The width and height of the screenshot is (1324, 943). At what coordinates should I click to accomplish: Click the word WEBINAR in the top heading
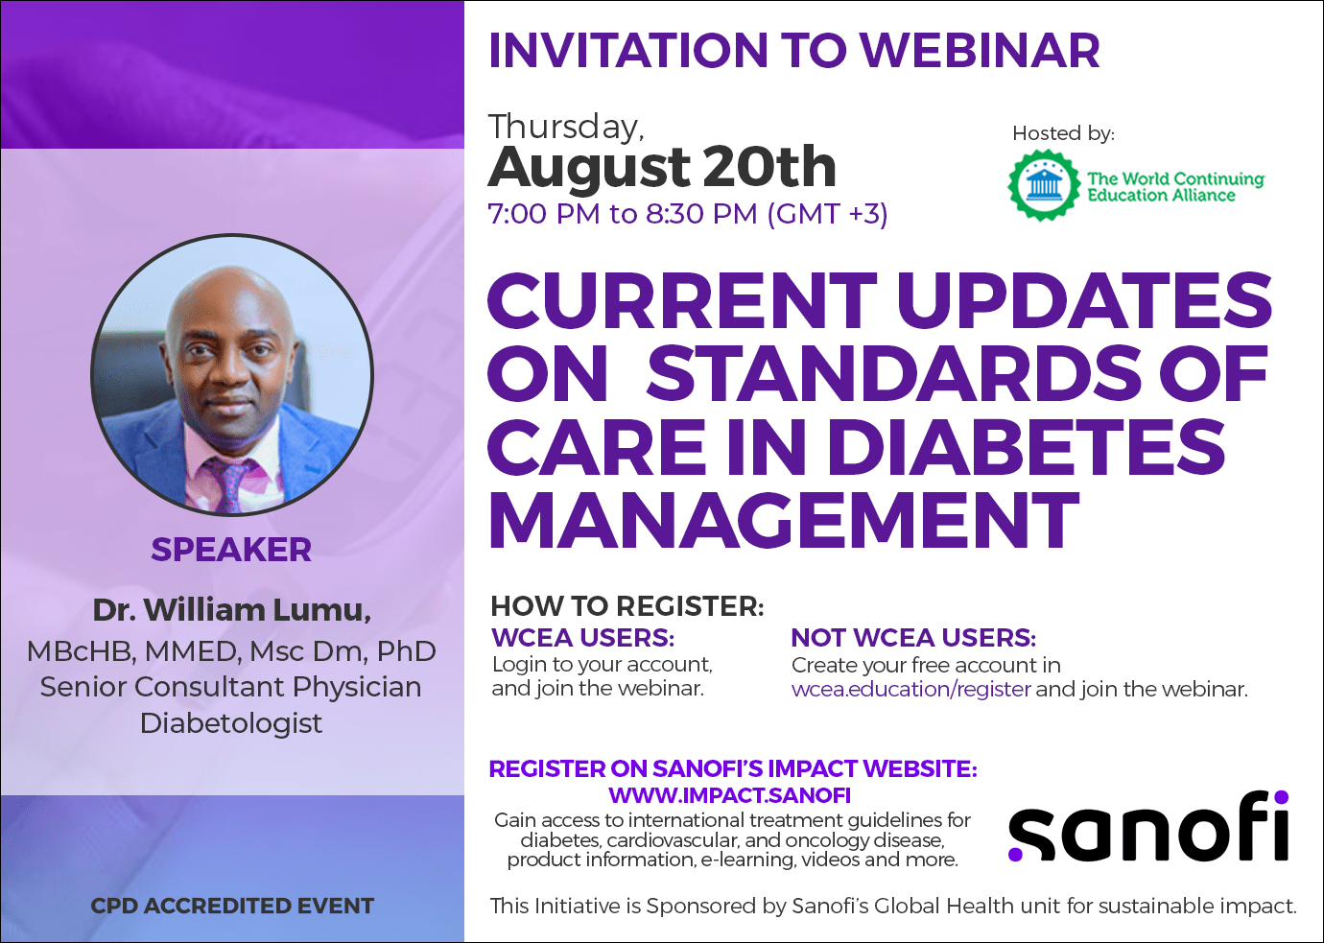pyautogui.click(x=980, y=50)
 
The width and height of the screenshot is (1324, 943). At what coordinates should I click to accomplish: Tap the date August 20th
pyautogui.click(x=662, y=168)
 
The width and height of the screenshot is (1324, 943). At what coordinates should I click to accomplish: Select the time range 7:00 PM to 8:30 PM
pyautogui.click(x=623, y=213)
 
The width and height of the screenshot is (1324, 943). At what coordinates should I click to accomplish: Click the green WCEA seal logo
pyautogui.click(x=1044, y=185)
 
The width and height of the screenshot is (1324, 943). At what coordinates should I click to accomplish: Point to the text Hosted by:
pyautogui.click(x=1063, y=133)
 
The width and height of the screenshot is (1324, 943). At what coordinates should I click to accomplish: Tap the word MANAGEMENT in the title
pyautogui.click(x=784, y=520)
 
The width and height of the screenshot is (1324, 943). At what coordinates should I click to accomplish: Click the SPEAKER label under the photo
pyautogui.click(x=231, y=550)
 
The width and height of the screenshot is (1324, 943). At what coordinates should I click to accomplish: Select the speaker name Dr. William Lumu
pyautogui.click(x=232, y=610)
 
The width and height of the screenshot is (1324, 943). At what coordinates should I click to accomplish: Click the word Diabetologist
pyautogui.click(x=231, y=723)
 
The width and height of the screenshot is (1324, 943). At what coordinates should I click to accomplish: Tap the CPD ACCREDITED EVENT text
pyautogui.click(x=232, y=906)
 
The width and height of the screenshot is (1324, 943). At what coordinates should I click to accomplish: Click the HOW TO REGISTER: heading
pyautogui.click(x=627, y=606)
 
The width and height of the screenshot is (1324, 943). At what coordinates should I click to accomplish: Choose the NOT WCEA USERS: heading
pyautogui.click(x=913, y=638)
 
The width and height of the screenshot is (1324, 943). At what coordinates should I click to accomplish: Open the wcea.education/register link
pyautogui.click(x=910, y=690)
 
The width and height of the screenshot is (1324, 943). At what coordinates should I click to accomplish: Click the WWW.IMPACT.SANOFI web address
pyautogui.click(x=729, y=795)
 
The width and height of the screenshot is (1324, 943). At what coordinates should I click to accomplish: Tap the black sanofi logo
pyautogui.click(x=1147, y=826)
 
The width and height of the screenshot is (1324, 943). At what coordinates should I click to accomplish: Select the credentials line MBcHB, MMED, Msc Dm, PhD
pyautogui.click(x=231, y=651)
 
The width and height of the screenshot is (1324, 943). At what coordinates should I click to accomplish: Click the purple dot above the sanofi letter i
pyautogui.click(x=1281, y=797)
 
